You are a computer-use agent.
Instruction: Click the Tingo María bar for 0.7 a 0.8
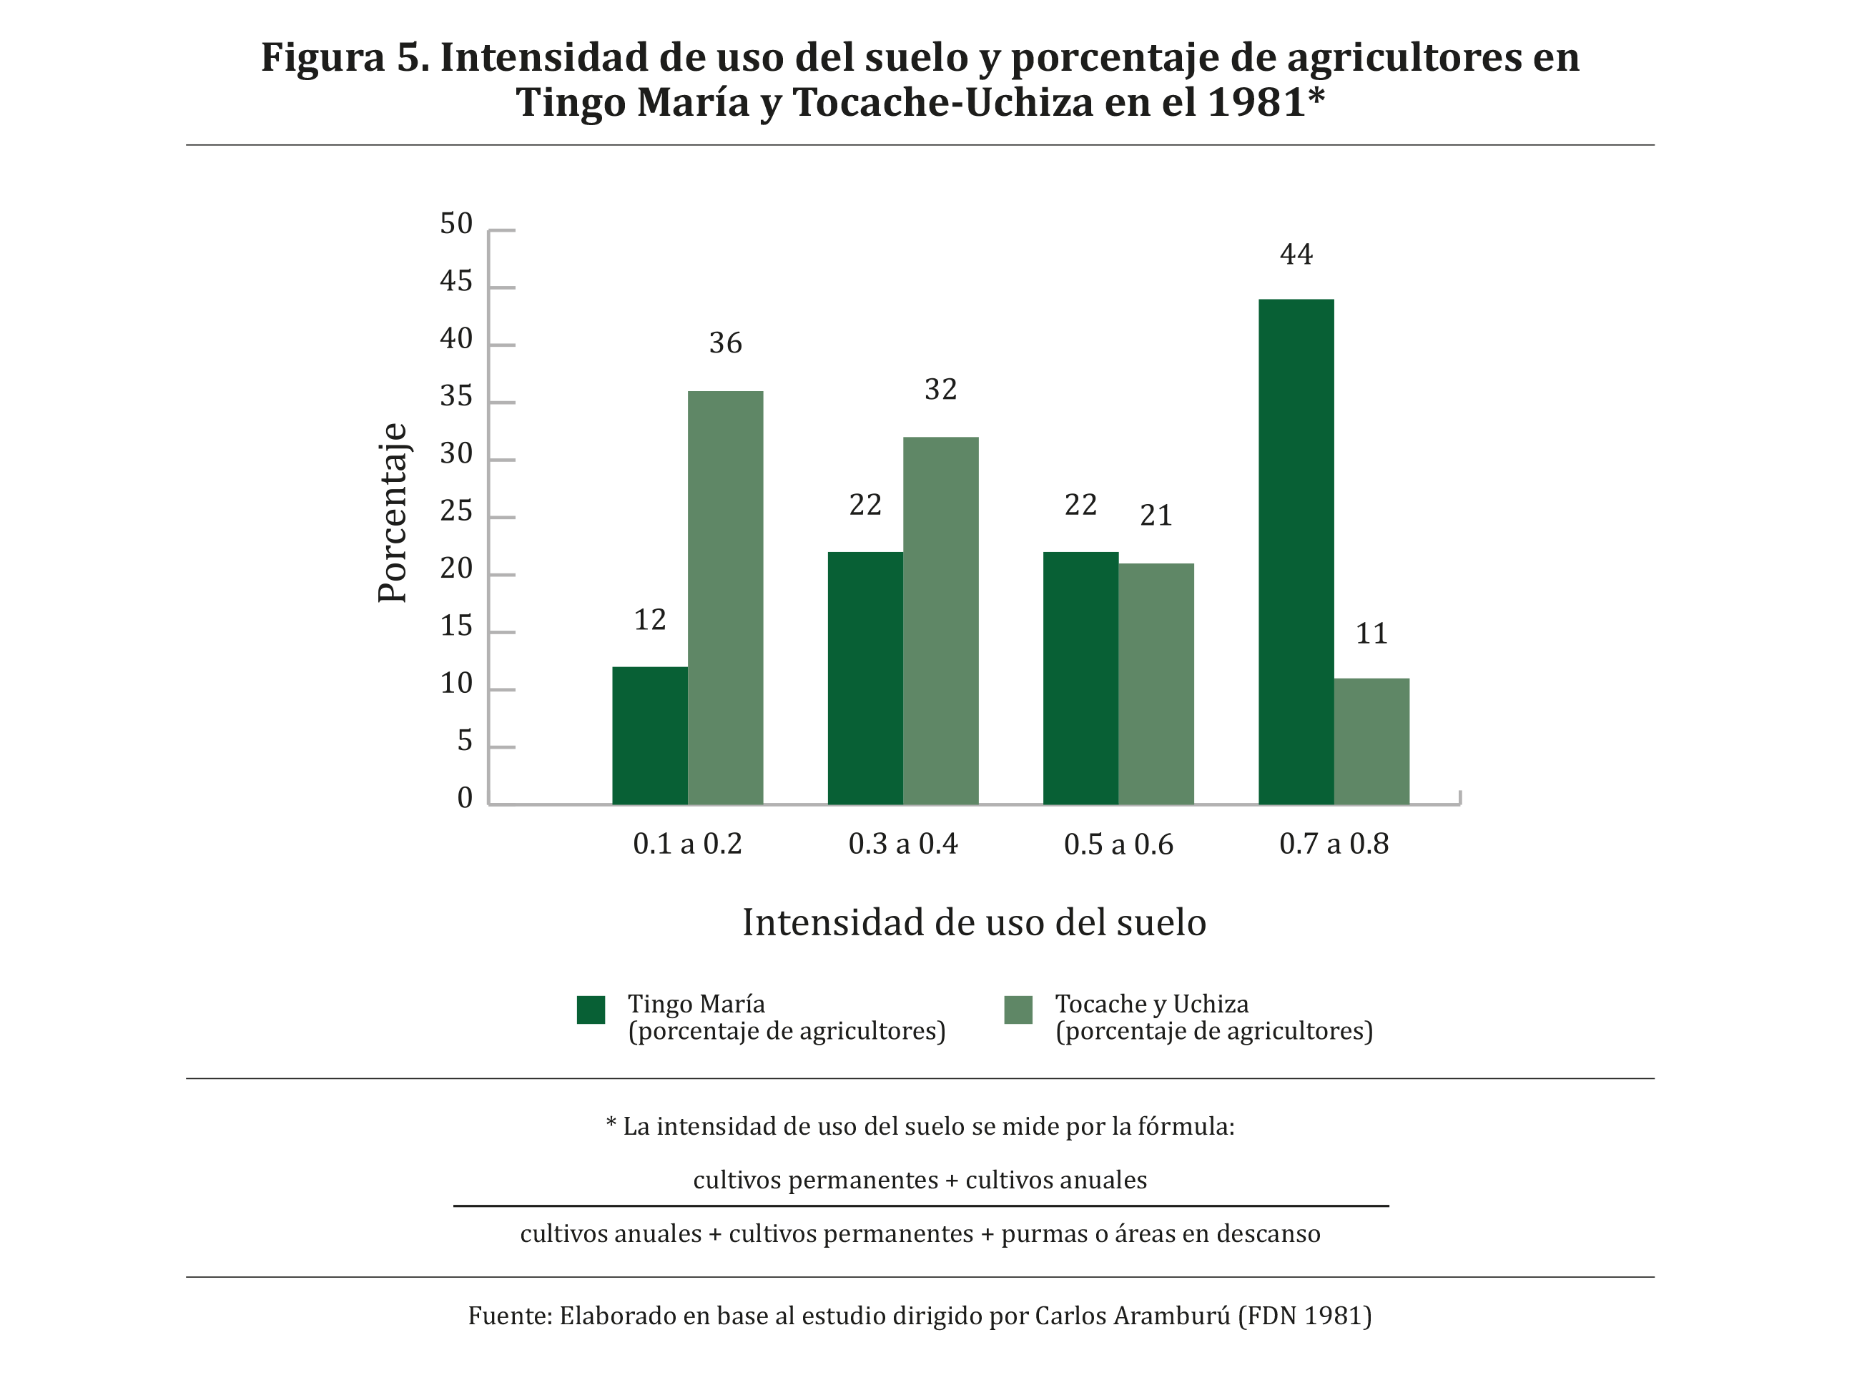pyautogui.click(x=1295, y=551)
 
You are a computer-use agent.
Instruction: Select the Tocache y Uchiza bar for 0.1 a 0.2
pyautogui.click(x=724, y=597)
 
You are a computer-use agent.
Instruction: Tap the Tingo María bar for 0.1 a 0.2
pyautogui.click(x=649, y=735)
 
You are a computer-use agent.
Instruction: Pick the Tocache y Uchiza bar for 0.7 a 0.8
pyautogui.click(x=1371, y=741)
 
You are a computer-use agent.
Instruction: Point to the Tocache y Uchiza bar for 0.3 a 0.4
pyautogui.click(x=940, y=620)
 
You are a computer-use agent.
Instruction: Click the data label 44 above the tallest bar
pyautogui.click(x=1295, y=254)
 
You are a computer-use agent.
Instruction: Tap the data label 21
pyautogui.click(x=1156, y=516)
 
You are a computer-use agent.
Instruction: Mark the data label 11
pyautogui.click(x=1371, y=634)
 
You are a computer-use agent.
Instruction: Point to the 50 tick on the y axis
pyautogui.click(x=456, y=223)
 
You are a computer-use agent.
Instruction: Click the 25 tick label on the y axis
pyautogui.click(x=456, y=511)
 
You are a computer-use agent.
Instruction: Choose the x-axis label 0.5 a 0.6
pyautogui.click(x=1118, y=844)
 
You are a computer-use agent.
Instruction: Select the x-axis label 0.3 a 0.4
pyautogui.click(x=902, y=844)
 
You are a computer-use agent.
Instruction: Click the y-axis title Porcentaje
pyautogui.click(x=392, y=513)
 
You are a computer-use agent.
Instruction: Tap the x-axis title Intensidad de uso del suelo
pyautogui.click(x=974, y=922)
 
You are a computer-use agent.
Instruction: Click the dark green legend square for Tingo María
pyautogui.click(x=590, y=1010)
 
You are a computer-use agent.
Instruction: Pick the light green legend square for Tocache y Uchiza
pyautogui.click(x=1018, y=1010)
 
